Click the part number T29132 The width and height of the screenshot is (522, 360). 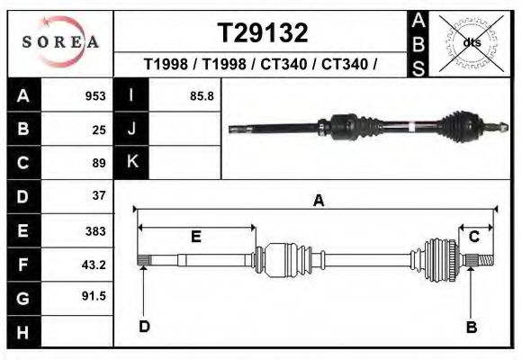(x=262, y=33)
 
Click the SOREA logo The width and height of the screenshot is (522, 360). (x=59, y=41)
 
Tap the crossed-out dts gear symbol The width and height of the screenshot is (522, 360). (x=472, y=40)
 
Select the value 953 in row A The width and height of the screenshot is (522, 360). (x=94, y=96)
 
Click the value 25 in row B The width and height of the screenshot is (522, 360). (x=99, y=130)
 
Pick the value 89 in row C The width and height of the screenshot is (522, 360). (x=99, y=163)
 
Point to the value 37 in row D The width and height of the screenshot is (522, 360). (x=99, y=195)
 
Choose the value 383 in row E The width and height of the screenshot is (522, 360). (x=95, y=230)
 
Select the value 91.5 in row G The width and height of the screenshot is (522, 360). (x=94, y=296)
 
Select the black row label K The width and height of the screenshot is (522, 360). (x=131, y=163)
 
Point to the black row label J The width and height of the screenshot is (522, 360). (x=131, y=130)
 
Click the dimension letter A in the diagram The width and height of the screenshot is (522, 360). (x=318, y=202)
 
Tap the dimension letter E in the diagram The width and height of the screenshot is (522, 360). (x=195, y=237)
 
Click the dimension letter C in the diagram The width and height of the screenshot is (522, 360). (x=473, y=236)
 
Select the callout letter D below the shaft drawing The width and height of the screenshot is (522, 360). (x=144, y=327)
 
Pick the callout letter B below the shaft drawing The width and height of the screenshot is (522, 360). (x=471, y=327)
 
